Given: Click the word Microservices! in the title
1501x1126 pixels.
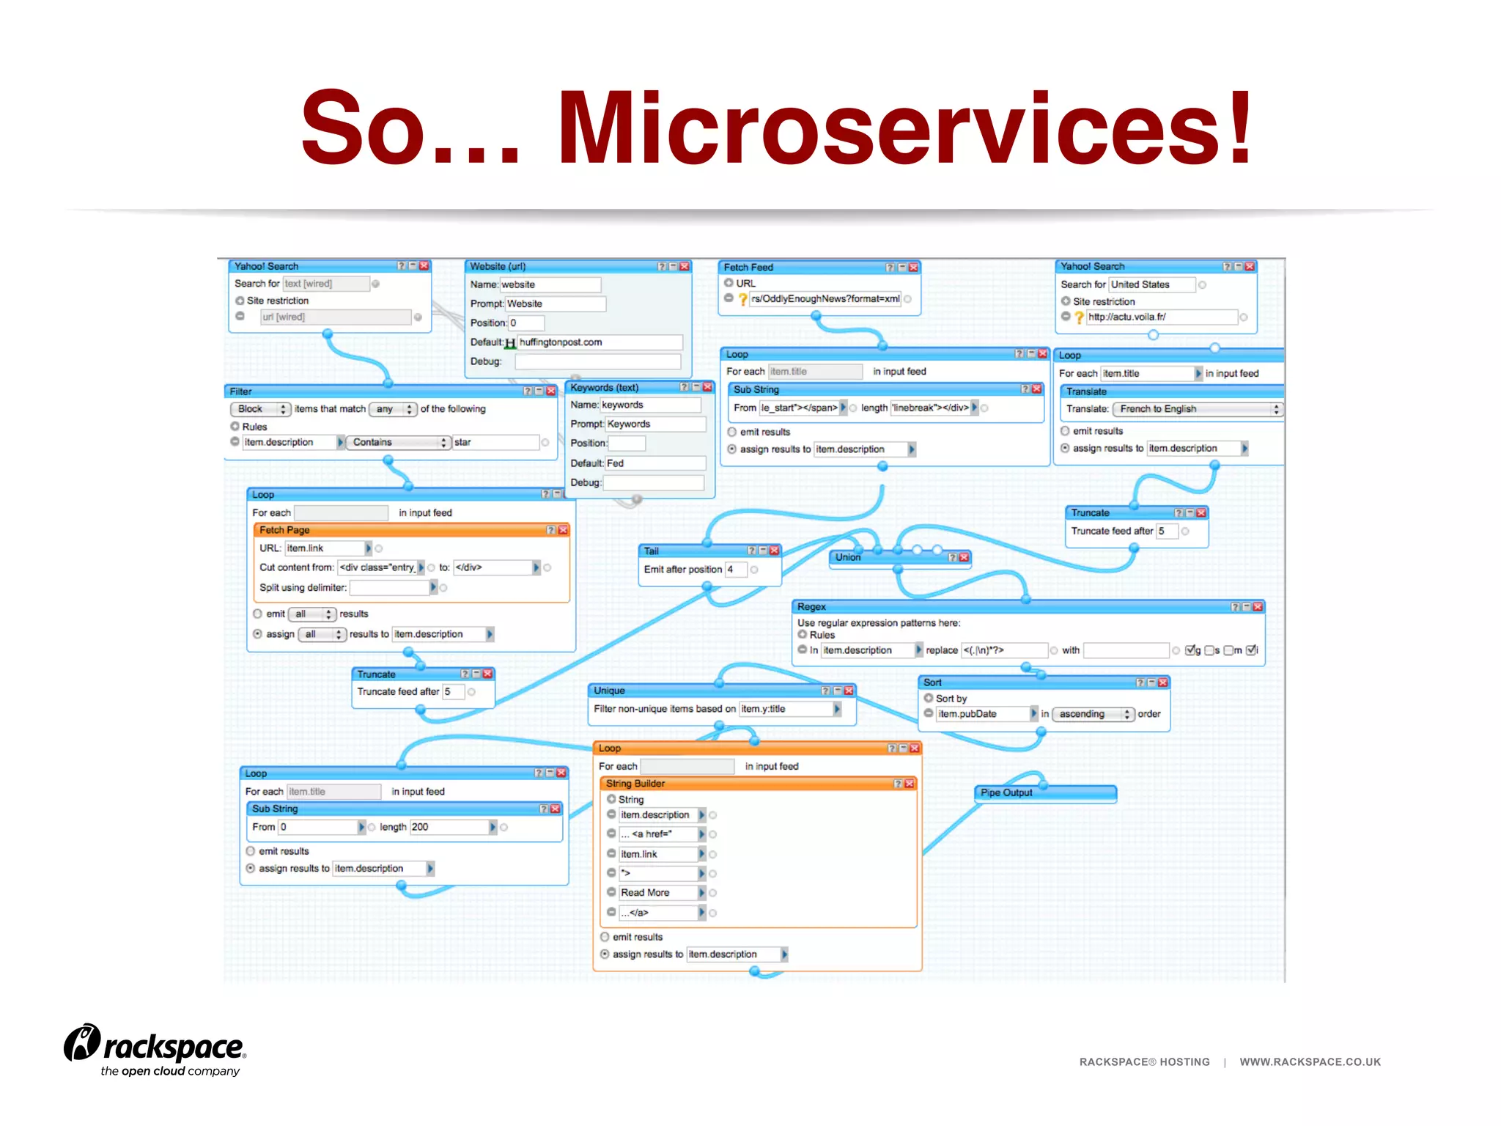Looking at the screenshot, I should [x=905, y=128].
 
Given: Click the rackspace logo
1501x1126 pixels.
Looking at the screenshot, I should [x=156, y=1049].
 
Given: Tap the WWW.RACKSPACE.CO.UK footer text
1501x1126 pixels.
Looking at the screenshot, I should [x=1310, y=1061].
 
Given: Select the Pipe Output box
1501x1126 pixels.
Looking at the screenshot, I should [x=1044, y=793].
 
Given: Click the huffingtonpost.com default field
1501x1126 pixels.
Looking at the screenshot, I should [x=599, y=342].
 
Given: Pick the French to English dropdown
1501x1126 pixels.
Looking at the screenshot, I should [x=1196, y=409].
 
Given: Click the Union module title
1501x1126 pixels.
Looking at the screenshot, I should [x=848, y=557].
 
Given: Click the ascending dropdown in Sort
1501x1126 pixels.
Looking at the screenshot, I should [x=1092, y=714].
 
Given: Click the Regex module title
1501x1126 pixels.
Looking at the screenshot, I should [x=811, y=607].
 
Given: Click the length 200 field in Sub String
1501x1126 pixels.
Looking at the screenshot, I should [x=448, y=827].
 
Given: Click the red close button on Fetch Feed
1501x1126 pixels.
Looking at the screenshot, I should [x=914, y=268].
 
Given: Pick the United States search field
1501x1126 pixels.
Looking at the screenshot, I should [x=1151, y=284].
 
